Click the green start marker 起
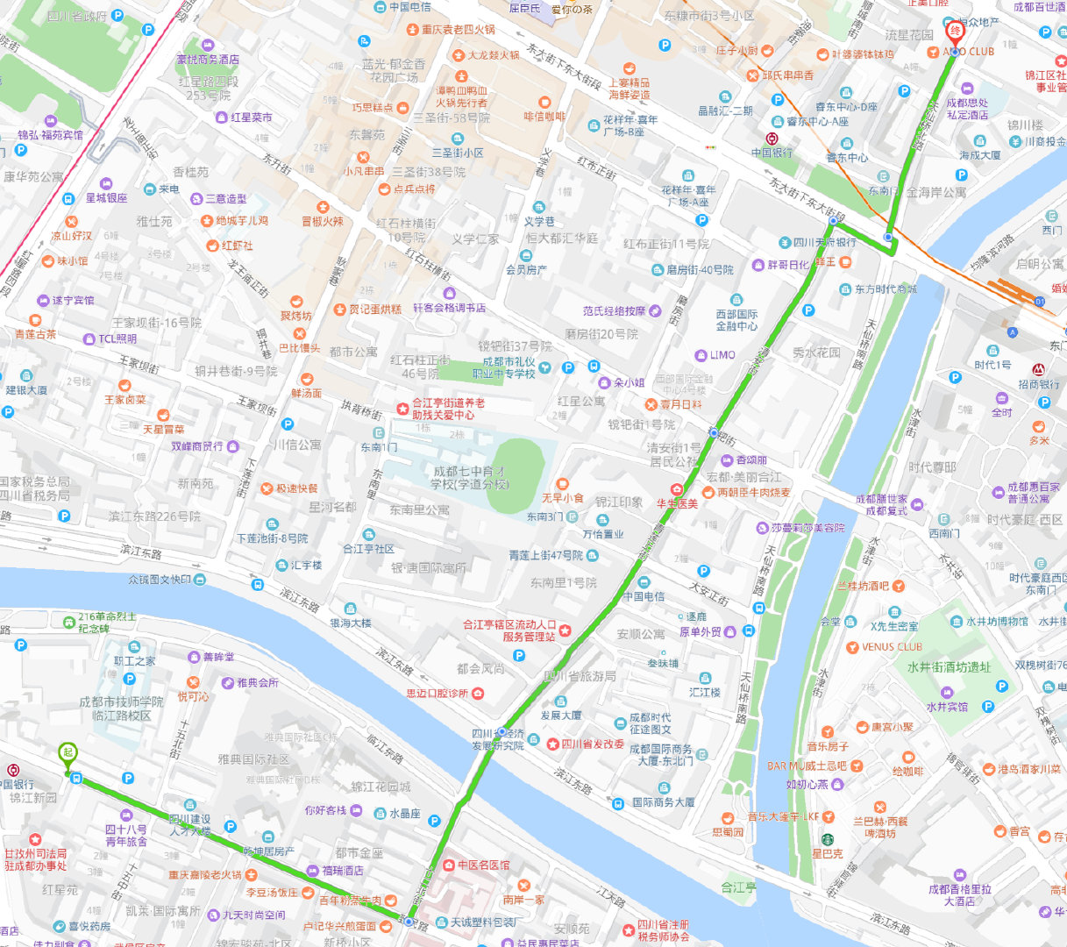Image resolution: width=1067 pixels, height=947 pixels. [x=68, y=753]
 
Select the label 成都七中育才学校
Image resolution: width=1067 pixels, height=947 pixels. [x=469, y=478]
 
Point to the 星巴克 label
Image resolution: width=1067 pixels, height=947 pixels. [x=827, y=852]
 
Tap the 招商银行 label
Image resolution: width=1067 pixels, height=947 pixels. [x=1039, y=385]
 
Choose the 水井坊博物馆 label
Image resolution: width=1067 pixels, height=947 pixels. [x=997, y=622]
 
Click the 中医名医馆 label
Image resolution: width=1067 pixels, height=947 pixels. [x=482, y=865]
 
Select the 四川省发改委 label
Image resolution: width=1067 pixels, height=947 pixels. [x=593, y=744]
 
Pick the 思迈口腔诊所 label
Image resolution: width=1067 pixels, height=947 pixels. [x=437, y=693]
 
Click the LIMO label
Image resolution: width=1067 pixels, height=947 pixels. [x=722, y=355]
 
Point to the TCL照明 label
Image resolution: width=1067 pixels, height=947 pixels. [x=117, y=338]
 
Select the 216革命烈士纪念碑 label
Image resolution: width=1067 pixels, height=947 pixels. [x=106, y=623]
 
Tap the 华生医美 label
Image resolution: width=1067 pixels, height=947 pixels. [x=678, y=503]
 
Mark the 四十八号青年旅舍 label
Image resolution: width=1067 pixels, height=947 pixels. [x=126, y=835]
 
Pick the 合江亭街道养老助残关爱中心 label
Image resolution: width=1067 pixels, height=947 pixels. [x=448, y=409]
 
